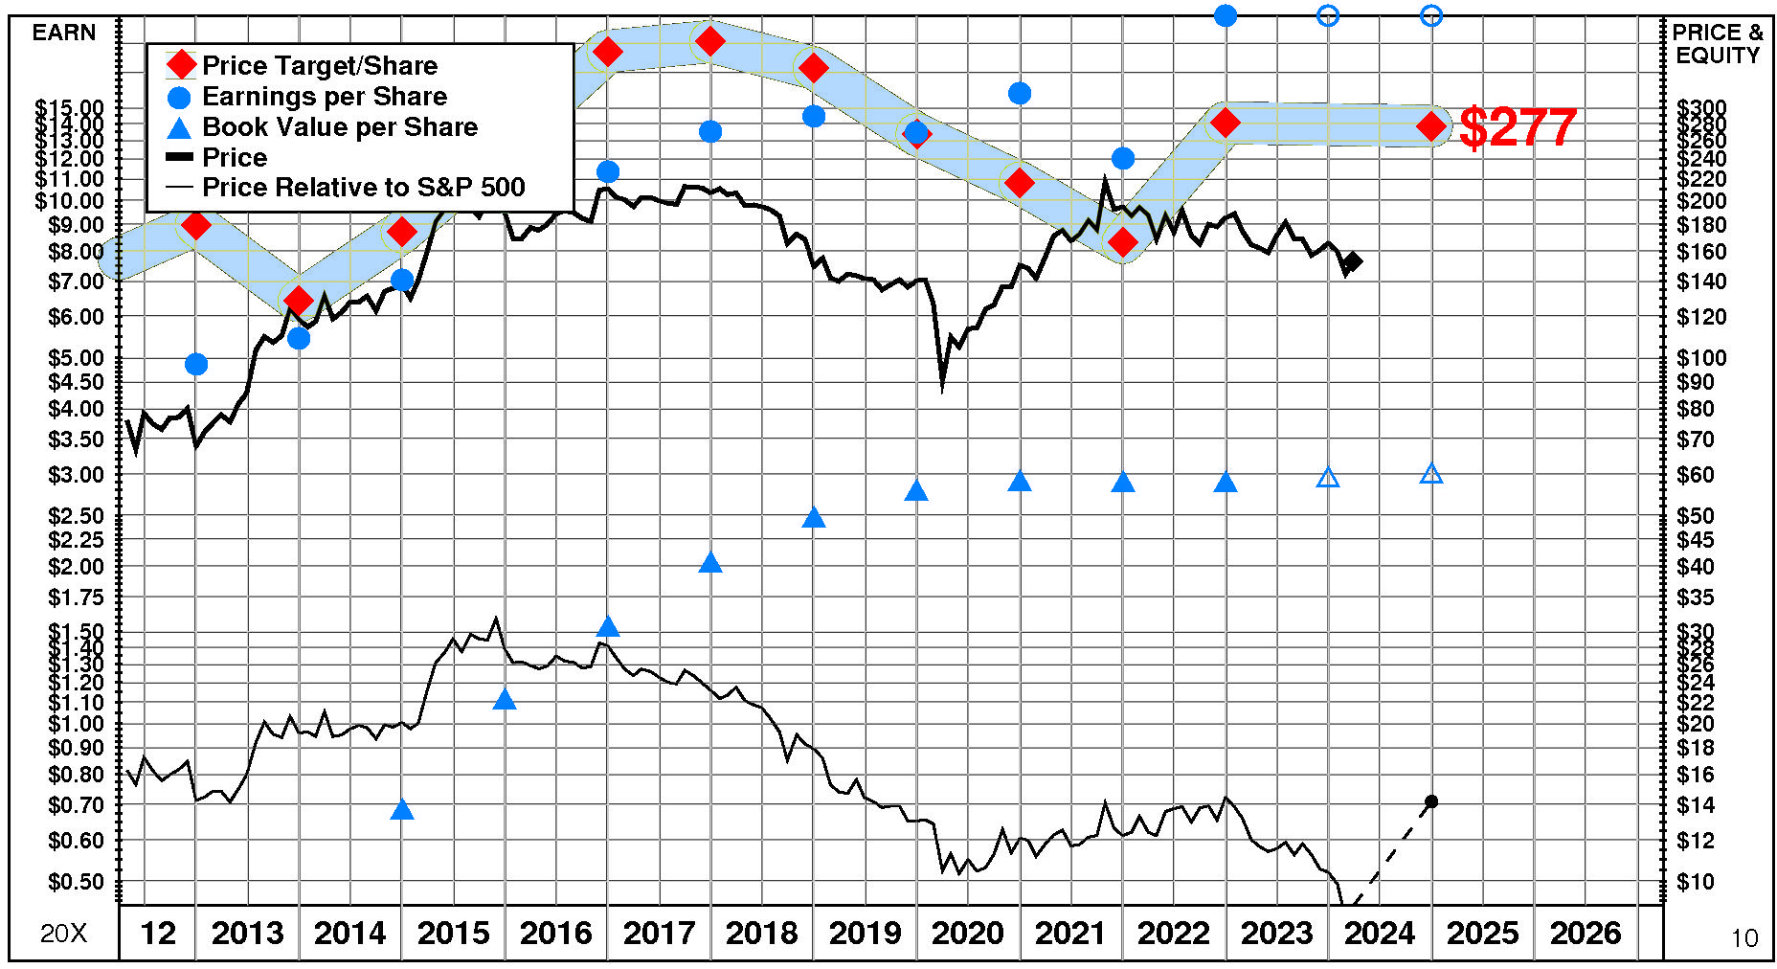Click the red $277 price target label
coord(1518,127)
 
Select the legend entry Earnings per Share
coord(324,97)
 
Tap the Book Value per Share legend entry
coord(339,127)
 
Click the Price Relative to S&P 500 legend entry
coord(363,188)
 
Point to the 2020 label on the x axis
coord(967,933)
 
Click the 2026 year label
coord(1586,933)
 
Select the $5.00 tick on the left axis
coord(76,358)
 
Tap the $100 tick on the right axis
coord(1701,358)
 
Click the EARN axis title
coord(64,33)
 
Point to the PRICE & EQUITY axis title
coord(1718,44)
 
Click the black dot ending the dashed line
coord(1431,801)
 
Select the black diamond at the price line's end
coord(1353,261)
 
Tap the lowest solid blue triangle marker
coord(402,811)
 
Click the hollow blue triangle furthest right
coord(1431,474)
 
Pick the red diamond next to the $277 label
coord(1431,126)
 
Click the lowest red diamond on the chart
coord(298,301)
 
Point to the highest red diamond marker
coord(710,41)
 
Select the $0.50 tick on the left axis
coord(76,882)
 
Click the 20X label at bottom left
coord(63,934)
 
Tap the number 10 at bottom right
coord(1744,938)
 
